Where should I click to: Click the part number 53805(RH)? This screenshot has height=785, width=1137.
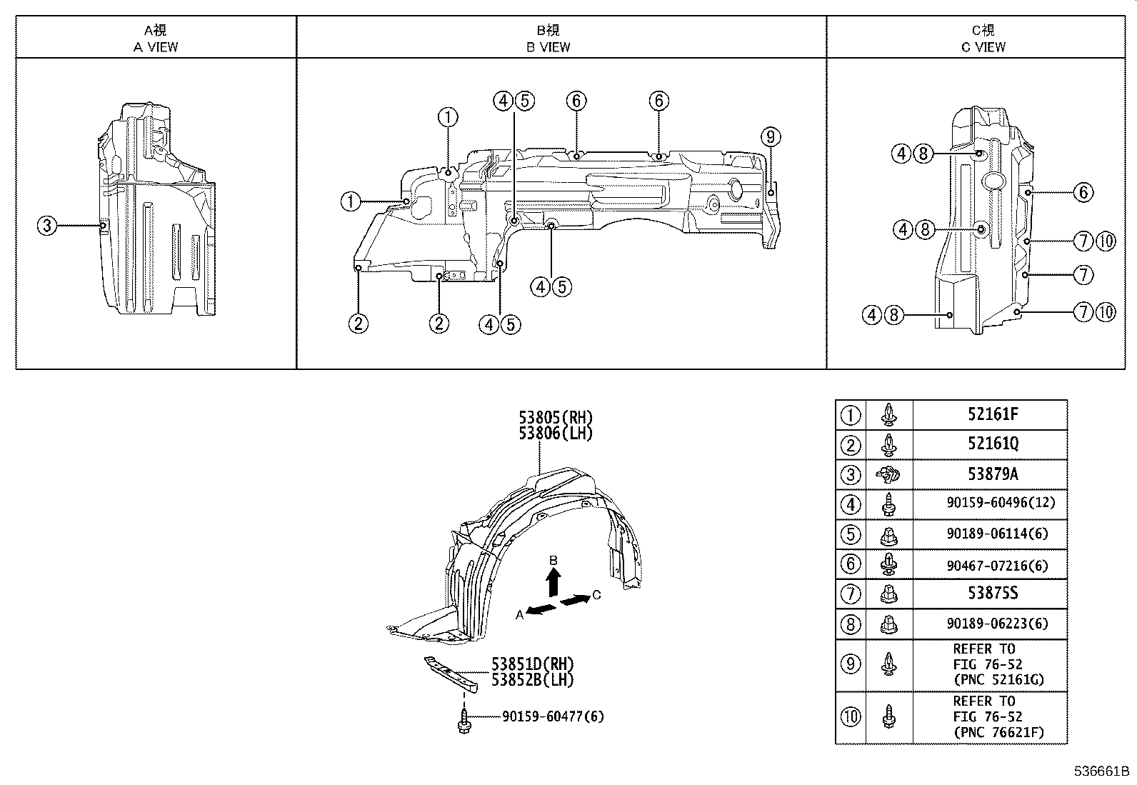pos(556,418)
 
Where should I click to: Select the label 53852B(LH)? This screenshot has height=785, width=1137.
pos(532,680)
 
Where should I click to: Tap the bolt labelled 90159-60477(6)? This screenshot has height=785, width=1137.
pos(464,719)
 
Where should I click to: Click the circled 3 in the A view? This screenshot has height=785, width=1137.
pos(46,226)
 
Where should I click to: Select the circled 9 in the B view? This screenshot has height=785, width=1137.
pos(771,136)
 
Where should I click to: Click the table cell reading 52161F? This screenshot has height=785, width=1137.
pos(993,414)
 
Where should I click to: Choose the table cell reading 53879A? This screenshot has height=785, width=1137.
pos(993,474)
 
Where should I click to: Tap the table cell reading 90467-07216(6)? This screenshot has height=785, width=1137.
pos(997,565)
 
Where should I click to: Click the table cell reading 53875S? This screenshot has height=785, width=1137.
pos(993,594)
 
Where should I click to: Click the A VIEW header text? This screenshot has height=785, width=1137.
pos(156,47)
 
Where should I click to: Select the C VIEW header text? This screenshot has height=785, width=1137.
pos(983,47)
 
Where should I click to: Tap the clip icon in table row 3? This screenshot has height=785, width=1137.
pos(888,474)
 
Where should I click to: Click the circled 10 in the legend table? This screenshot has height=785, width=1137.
pos(851,717)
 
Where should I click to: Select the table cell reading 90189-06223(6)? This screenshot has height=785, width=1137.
pos(997,624)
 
